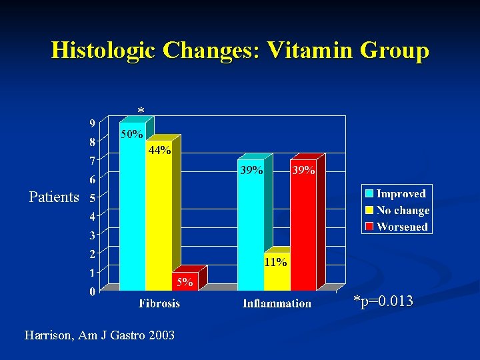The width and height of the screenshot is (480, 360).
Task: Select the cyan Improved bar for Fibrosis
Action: point(132,213)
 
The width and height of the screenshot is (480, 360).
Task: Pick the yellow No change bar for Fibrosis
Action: point(159,220)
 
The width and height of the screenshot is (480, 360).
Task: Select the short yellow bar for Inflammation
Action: point(277,277)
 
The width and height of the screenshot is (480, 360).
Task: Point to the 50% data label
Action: point(131,134)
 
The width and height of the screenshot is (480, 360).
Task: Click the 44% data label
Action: point(159,150)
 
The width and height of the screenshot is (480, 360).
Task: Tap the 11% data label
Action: point(275,262)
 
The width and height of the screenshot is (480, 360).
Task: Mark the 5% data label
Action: point(184,283)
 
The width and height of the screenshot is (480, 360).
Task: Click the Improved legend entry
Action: point(401,194)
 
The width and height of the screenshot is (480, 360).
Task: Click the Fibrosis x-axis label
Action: point(159,303)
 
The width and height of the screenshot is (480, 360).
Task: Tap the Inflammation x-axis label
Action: point(277,303)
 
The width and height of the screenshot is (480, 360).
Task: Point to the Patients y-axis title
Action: point(54,197)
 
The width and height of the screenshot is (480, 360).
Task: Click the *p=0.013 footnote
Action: point(383,302)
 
